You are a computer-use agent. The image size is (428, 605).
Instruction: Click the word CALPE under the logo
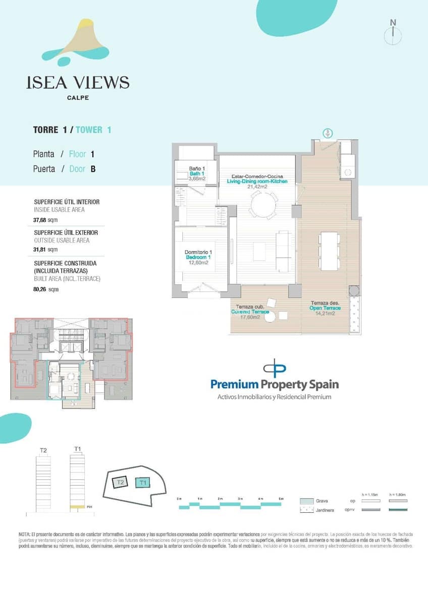click(78, 98)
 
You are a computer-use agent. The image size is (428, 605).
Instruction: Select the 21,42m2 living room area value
click(257, 187)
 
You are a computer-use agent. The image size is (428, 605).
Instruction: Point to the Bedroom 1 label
click(197, 257)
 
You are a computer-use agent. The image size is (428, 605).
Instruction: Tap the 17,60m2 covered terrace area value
click(249, 317)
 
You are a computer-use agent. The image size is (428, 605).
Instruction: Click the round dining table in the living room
click(264, 206)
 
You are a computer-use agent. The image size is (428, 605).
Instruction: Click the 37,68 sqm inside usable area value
click(45, 220)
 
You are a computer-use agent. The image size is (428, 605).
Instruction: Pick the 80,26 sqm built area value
click(45, 289)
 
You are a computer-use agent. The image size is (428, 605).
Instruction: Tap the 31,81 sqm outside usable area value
click(45, 249)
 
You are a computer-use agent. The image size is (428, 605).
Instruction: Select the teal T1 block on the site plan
click(143, 482)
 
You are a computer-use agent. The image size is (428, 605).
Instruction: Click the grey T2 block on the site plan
click(120, 482)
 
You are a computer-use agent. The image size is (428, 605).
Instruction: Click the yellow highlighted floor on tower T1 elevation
click(77, 506)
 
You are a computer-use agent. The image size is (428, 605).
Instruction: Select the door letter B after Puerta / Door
click(93, 169)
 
